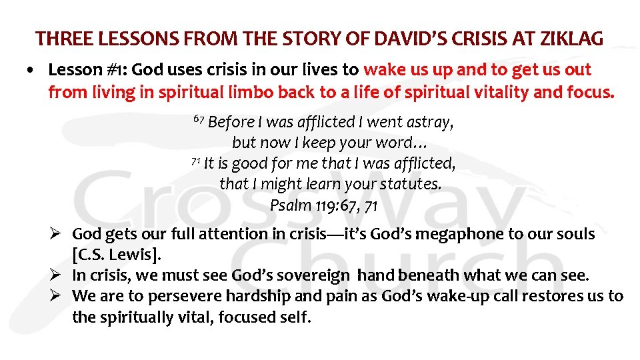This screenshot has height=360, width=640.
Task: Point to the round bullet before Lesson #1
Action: [x=32, y=71]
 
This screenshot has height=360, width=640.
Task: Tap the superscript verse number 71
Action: [x=195, y=161]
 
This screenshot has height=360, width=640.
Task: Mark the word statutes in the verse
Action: [x=410, y=184]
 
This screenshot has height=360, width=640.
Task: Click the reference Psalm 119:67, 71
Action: [x=323, y=205]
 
